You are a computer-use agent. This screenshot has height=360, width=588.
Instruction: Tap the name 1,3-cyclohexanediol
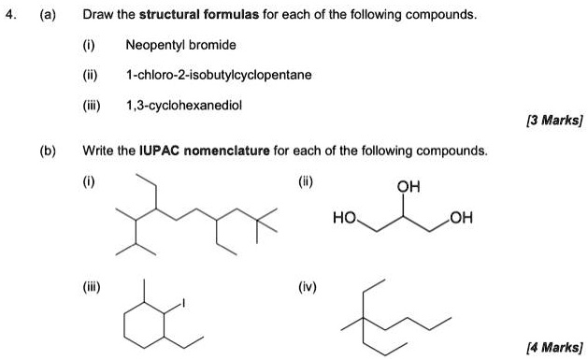point(184,106)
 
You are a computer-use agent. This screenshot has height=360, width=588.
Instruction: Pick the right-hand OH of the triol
point(461,219)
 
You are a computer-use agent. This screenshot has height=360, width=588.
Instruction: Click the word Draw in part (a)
point(97,16)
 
